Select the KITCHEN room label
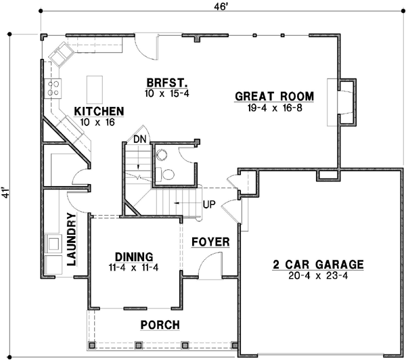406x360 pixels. [x=99, y=111]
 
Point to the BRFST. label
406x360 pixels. [x=166, y=83]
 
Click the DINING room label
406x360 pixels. [x=133, y=257]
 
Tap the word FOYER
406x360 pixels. [x=210, y=242]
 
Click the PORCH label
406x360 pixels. [x=160, y=325]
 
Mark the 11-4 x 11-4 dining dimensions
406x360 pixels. [x=133, y=268]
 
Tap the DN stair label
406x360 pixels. [x=139, y=139]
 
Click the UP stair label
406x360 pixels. [x=208, y=204]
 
